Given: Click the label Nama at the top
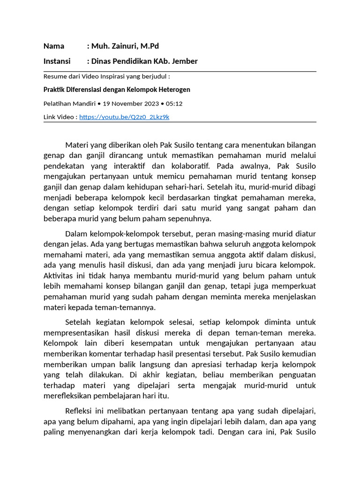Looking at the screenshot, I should coord(54,46).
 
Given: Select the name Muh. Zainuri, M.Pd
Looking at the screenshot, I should coord(125,46).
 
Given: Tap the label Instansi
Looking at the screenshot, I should coord(57,61).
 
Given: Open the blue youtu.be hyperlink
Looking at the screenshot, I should coord(124,117).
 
